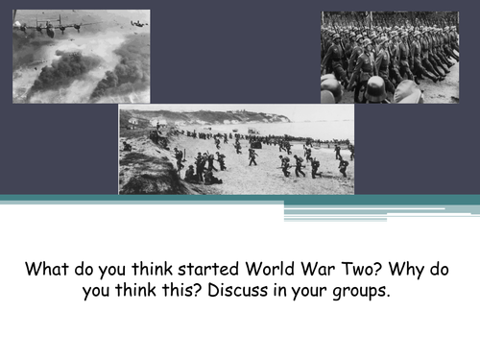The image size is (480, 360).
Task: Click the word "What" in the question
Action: coord(45,268)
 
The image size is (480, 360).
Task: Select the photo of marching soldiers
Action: coord(390,58)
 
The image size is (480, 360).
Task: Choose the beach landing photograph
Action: coord(236,150)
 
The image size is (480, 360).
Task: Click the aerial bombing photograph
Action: coord(81,57)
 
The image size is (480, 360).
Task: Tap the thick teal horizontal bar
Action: coord(240,200)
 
